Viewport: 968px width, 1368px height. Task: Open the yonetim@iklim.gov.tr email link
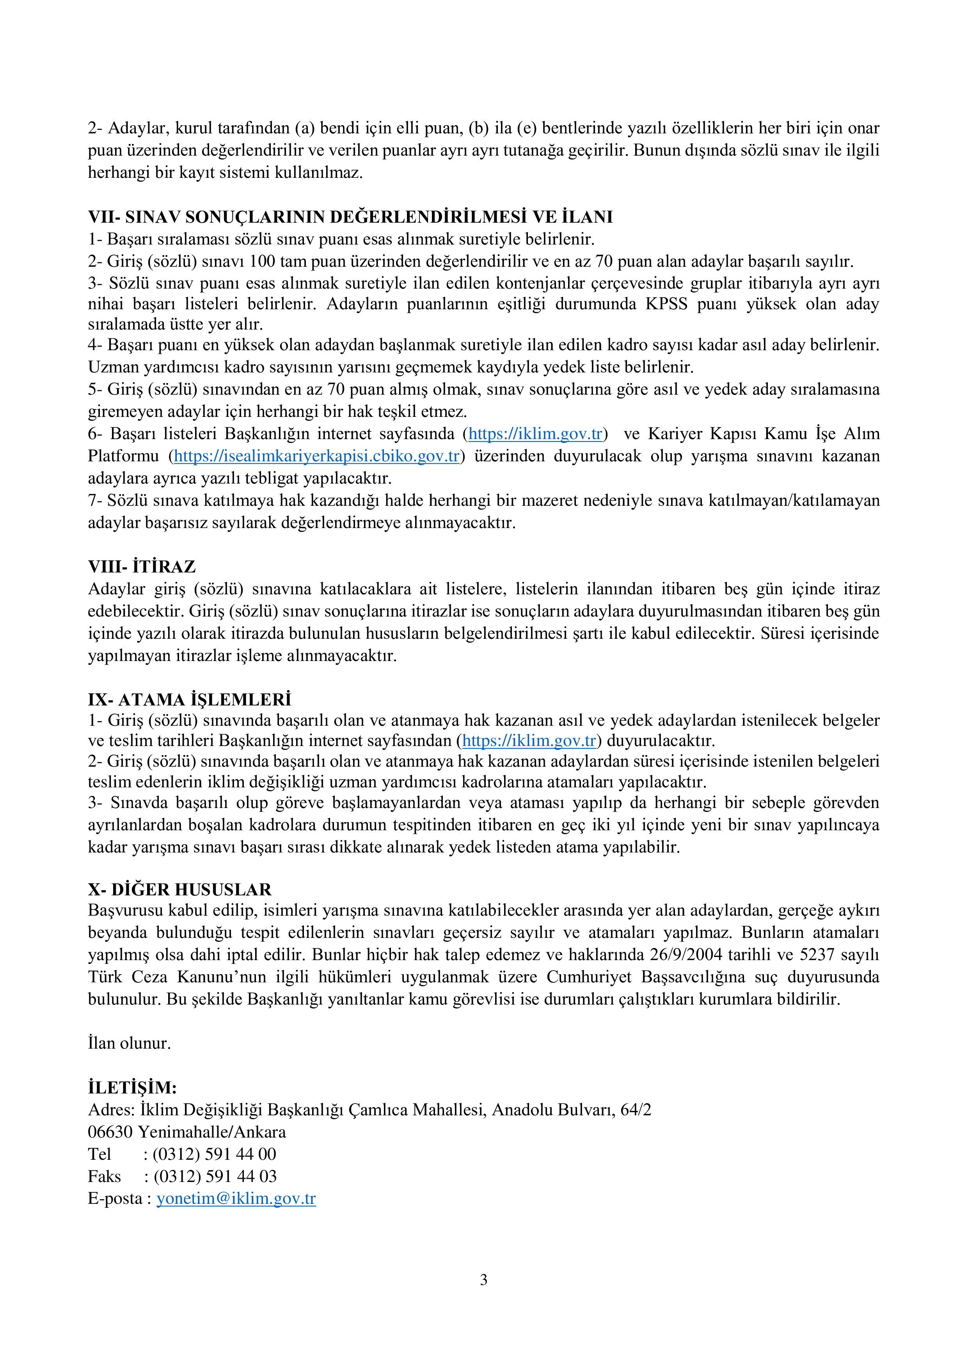(236, 1198)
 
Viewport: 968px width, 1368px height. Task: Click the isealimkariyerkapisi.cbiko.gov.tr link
(316, 456)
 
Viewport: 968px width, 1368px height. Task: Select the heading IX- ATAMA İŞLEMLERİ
(190, 698)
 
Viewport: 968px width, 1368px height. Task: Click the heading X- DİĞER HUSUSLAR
(179, 890)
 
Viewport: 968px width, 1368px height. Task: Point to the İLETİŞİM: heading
(132, 1088)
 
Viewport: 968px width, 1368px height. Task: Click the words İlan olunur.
(130, 1043)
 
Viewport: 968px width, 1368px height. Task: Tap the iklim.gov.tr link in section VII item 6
(536, 434)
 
